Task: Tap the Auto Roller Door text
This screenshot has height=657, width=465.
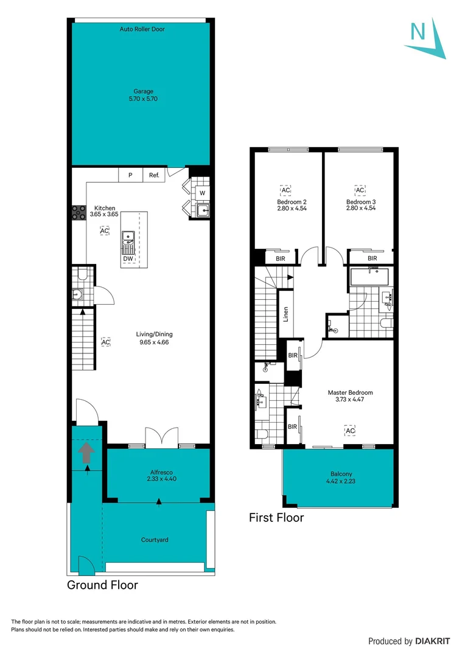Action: coord(142,29)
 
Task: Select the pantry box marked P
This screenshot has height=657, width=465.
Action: coord(130,175)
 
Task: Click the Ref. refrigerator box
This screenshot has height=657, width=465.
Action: coord(154,175)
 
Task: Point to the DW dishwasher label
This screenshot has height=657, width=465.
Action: coord(128,259)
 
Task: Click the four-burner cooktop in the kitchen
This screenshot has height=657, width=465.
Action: coord(79,212)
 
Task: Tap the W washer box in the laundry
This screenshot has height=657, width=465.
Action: coord(201,193)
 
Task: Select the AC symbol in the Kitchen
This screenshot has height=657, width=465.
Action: coord(105,231)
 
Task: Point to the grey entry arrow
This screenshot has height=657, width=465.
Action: coord(86,453)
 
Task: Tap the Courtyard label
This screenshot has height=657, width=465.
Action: coord(155,540)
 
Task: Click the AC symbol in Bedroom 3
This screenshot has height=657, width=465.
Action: coord(359,190)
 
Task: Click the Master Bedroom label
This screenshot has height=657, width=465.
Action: coord(350,392)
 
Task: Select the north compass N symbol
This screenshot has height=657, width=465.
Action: coord(418,32)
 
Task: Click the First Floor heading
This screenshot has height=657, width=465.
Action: coord(276,518)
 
